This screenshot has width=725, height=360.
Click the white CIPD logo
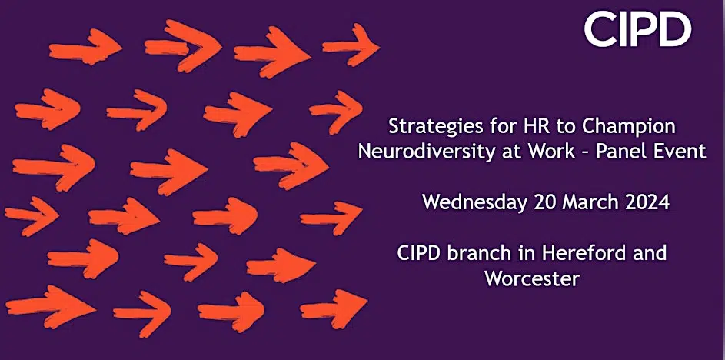point(637,29)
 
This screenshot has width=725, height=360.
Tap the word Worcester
point(532,278)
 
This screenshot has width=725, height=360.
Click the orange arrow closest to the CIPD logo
point(351,45)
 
